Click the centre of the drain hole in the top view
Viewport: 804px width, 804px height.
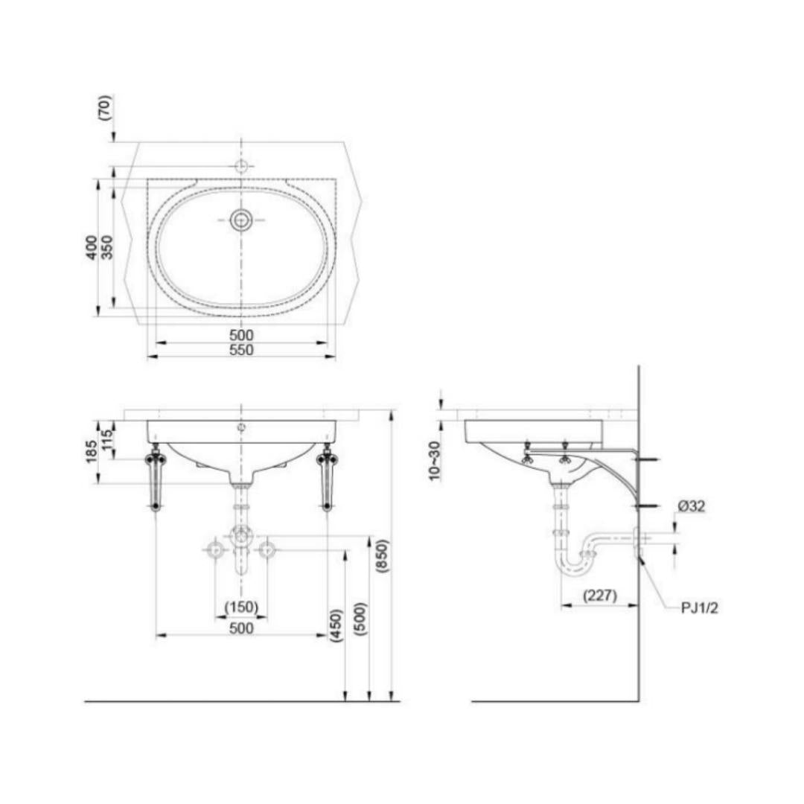tap(240, 220)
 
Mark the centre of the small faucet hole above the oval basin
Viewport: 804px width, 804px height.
tap(241, 166)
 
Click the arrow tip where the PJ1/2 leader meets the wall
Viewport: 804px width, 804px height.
tap(639, 558)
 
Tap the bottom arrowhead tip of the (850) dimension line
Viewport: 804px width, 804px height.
tap(392, 701)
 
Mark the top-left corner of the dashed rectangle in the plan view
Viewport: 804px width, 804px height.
tap(147, 179)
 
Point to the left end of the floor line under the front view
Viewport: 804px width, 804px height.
tap(85, 701)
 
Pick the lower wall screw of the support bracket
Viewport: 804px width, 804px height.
tap(647, 507)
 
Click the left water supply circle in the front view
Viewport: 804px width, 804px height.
tap(215, 550)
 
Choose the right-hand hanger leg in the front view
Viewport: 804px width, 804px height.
tap(327, 481)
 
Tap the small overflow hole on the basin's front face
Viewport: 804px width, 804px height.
tap(241, 427)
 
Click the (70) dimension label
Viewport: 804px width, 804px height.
tap(105, 107)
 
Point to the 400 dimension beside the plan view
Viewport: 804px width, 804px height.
tap(92, 247)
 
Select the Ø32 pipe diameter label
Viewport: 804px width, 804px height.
tap(691, 507)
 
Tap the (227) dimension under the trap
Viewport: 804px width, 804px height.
tap(600, 596)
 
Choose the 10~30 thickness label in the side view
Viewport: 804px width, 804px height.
tap(435, 461)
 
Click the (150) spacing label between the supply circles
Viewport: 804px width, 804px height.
tap(241, 607)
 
